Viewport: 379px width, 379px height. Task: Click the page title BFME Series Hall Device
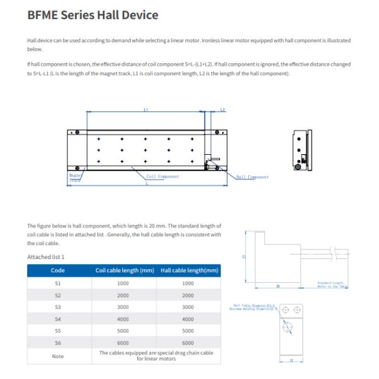[x=93, y=15]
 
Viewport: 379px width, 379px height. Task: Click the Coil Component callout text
[x=162, y=177]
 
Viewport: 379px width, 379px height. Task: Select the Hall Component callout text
[x=252, y=177]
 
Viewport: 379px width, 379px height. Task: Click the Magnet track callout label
[x=75, y=178]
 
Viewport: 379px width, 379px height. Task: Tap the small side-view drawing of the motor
[x=301, y=149]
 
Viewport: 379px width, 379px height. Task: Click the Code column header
[x=57, y=270]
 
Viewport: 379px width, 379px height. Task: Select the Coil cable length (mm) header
[x=124, y=270]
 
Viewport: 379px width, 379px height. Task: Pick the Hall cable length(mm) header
[x=188, y=270]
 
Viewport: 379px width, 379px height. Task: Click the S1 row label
[x=57, y=283]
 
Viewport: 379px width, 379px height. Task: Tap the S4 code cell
[x=57, y=319]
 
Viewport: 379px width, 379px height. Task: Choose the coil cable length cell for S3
[x=124, y=307]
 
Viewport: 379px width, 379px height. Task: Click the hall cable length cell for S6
[x=188, y=343]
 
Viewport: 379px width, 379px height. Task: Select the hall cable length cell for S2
[x=188, y=295]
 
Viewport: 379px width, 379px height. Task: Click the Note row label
[x=57, y=356]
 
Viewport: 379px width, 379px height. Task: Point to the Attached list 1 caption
[x=45, y=256]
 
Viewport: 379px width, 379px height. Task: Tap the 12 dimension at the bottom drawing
[x=292, y=361]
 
